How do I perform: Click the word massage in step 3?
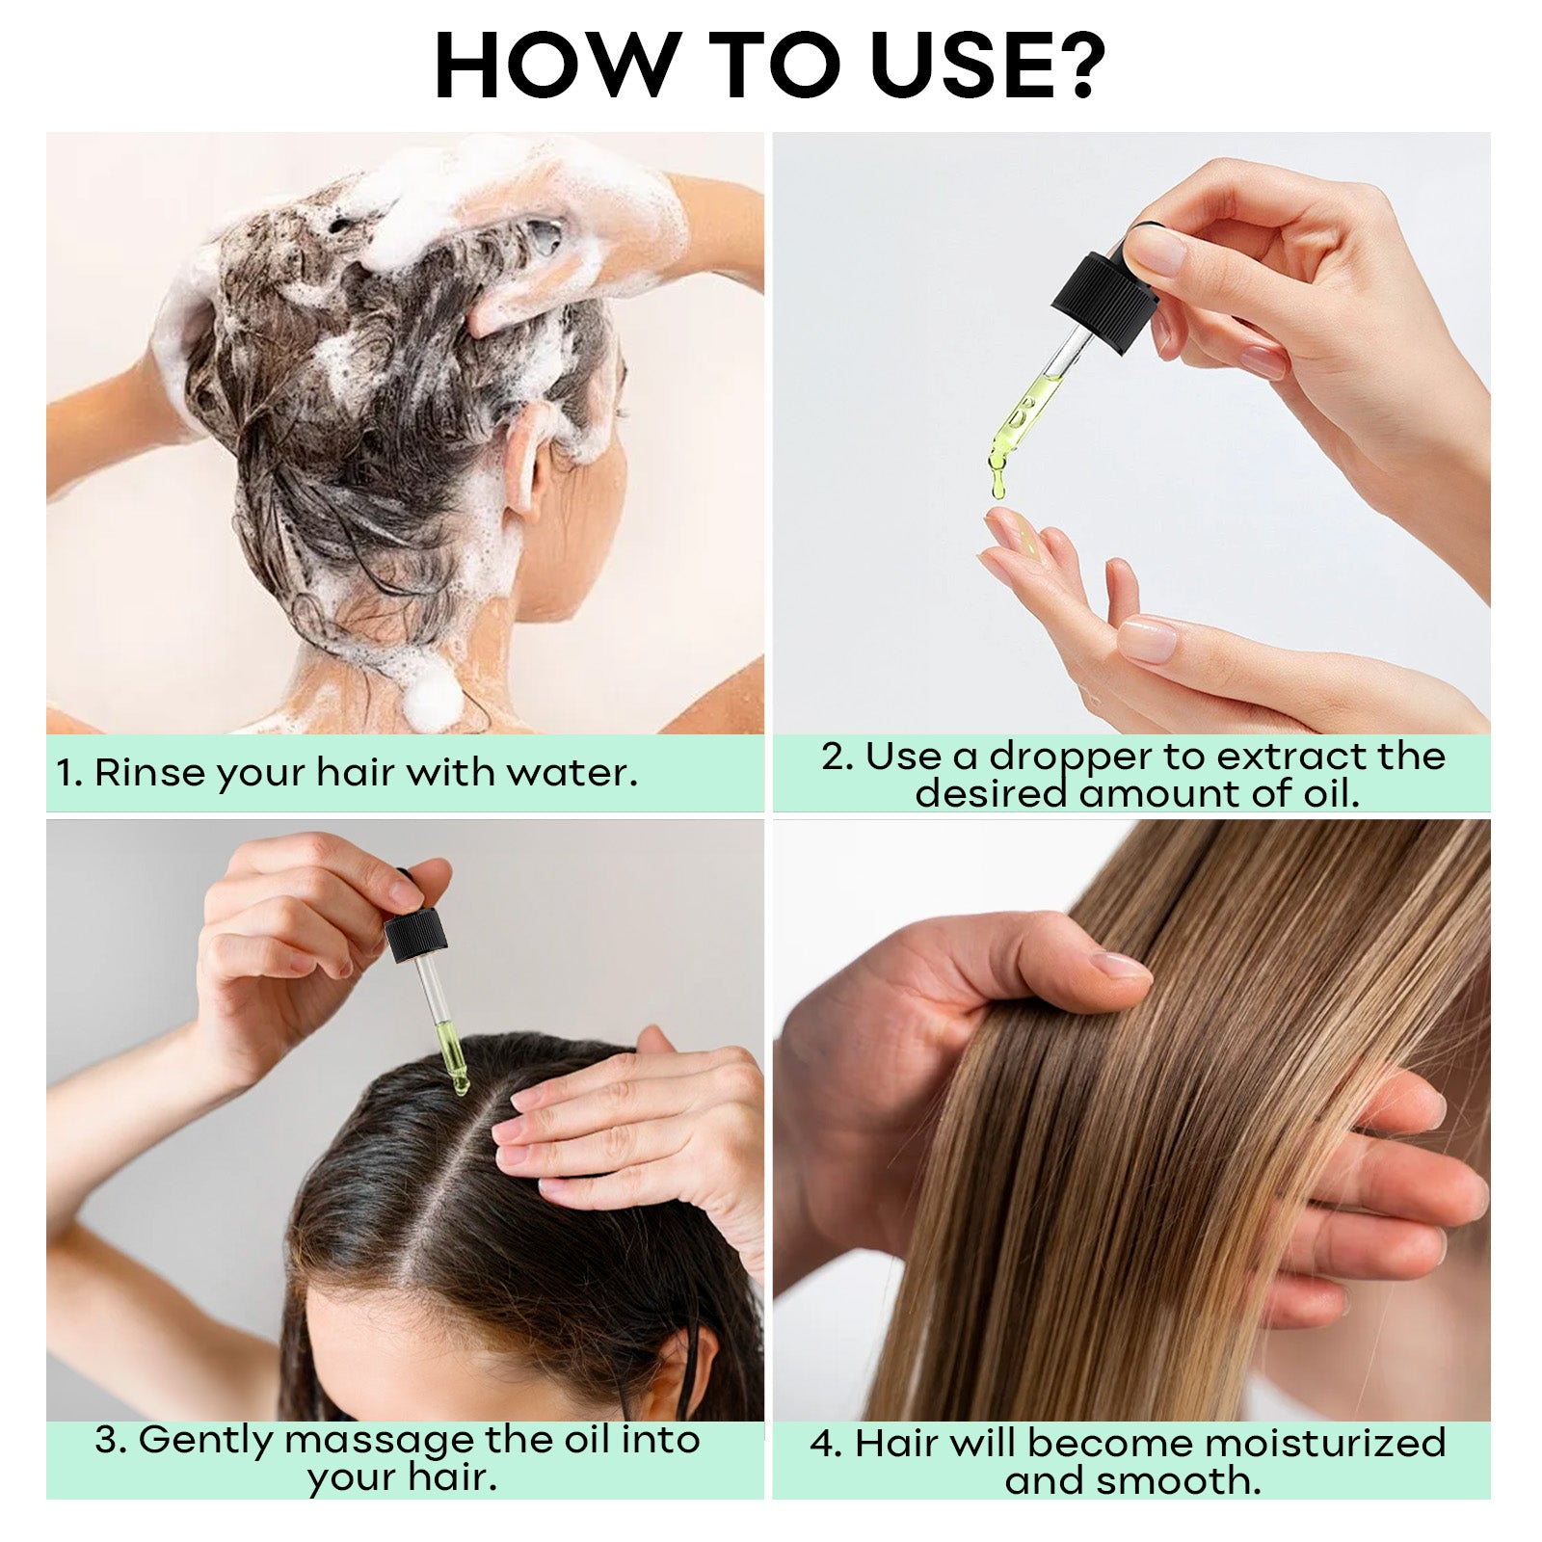(x=378, y=1442)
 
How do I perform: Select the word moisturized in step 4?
(x=1325, y=1444)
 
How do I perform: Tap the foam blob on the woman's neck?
(x=432, y=698)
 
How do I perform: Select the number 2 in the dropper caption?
(x=835, y=758)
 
